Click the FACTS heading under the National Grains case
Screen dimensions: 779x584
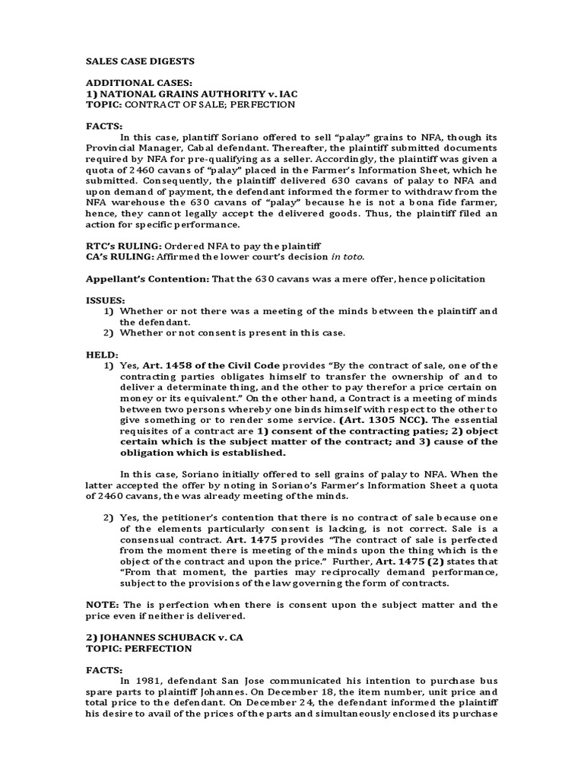click(x=104, y=126)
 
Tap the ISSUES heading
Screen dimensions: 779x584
click(x=105, y=300)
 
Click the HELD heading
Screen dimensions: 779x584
click(x=102, y=355)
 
